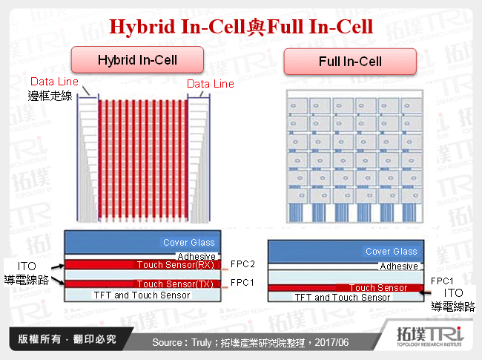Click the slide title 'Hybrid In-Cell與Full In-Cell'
click(241, 27)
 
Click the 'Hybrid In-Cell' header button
click(137, 59)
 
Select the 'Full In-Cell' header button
click(349, 61)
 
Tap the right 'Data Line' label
click(210, 84)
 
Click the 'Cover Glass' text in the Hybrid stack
click(189, 243)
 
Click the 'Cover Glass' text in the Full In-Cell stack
click(392, 252)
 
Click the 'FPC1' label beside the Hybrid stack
click(242, 283)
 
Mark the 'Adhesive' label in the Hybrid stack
click(196, 256)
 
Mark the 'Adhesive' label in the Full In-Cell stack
click(399, 266)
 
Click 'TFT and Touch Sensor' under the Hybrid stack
click(142, 295)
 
